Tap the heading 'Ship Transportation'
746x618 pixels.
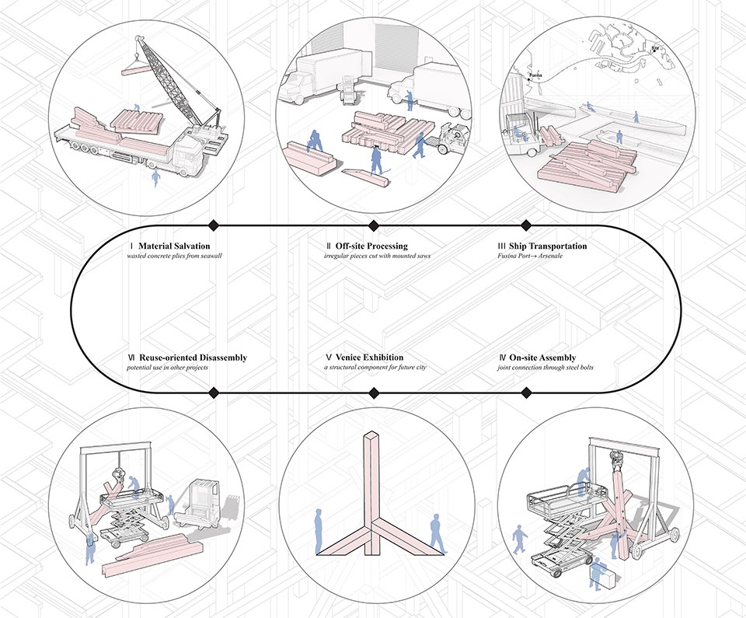pos(549,246)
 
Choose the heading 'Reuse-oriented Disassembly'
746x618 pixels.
pos(193,358)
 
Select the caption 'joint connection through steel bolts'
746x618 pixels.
pos(545,367)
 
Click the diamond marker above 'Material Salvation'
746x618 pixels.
pos(214,225)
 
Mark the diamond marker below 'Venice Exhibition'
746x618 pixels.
pos(373,392)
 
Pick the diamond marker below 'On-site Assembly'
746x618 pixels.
pos(526,392)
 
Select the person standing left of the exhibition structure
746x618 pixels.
pos(319,530)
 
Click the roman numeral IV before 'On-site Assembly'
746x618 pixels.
pos(502,358)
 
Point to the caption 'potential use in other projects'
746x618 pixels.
pos(173,367)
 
